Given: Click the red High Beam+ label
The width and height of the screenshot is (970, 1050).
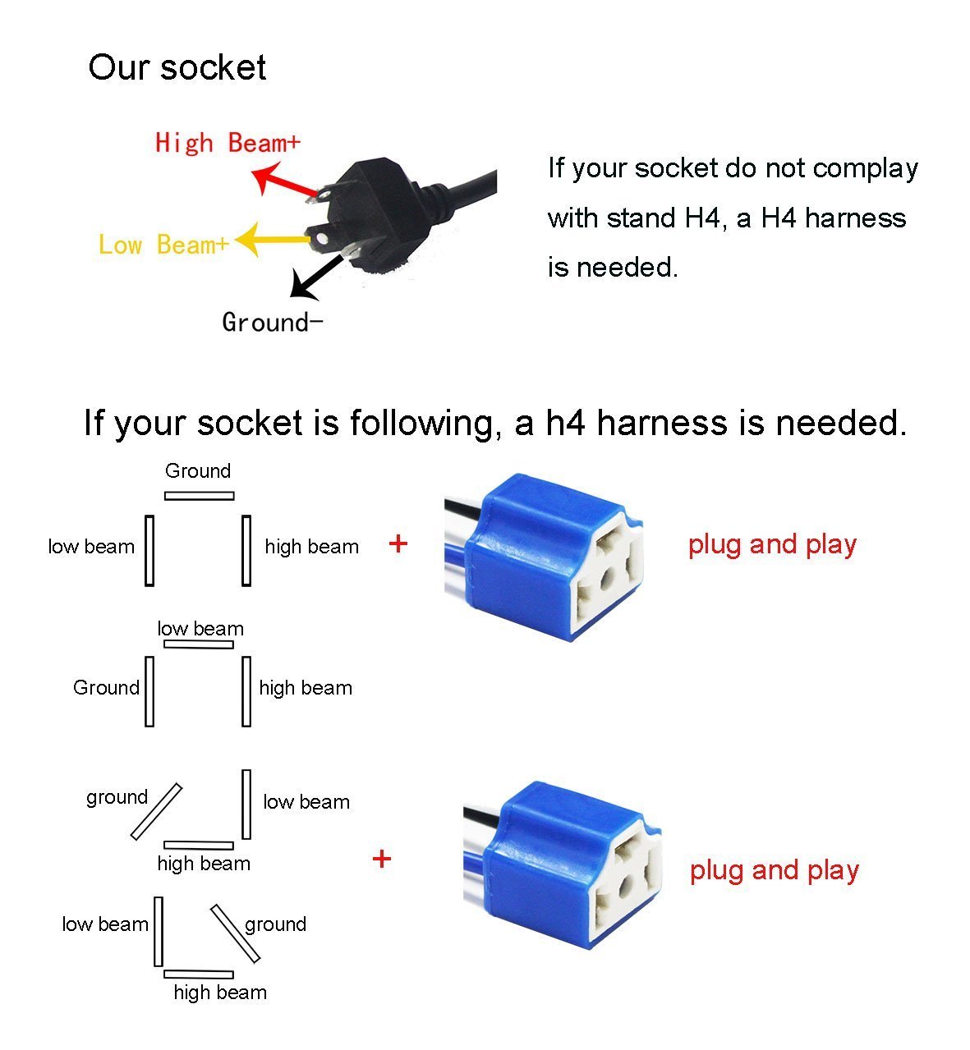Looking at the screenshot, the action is pos(228,143).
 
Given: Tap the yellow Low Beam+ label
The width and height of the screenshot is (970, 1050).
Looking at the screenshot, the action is pos(163,245).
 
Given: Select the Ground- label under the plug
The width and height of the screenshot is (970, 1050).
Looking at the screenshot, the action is pos(272,322).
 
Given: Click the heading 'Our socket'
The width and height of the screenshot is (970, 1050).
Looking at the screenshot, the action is pos(177,67).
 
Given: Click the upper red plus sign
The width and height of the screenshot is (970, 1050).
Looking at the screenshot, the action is pos(398,543).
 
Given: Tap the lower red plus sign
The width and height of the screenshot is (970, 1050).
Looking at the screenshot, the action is pos(382,860).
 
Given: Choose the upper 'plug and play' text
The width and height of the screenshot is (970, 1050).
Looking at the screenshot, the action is pos(772,544).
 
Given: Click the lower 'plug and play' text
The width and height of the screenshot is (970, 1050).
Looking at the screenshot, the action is pos(774,870).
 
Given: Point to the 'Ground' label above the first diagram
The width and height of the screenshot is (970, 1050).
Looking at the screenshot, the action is pos(198,471).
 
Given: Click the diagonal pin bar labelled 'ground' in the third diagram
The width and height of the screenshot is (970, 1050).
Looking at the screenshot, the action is pos(156,811).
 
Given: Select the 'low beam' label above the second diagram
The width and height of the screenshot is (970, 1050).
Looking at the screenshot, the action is pos(200,629).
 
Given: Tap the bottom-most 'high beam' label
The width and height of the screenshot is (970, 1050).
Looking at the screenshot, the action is pos(220,993).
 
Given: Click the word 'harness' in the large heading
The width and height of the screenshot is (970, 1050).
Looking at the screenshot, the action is pos(663,423).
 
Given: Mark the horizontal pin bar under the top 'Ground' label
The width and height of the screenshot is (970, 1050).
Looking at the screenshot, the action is pos(199,496).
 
